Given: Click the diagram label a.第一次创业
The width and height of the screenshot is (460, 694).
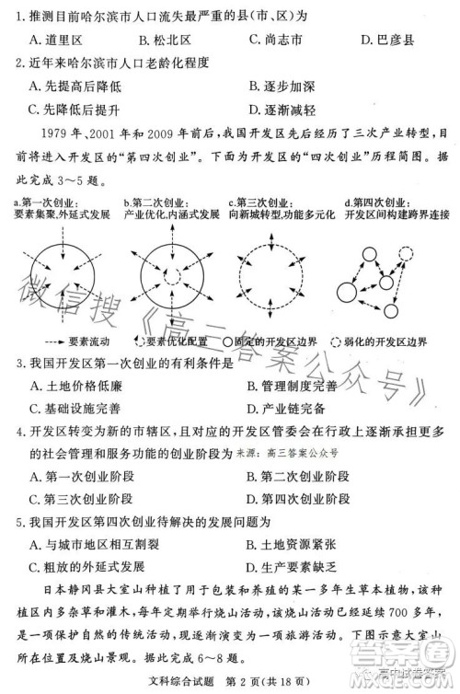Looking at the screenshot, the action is (46, 202).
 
